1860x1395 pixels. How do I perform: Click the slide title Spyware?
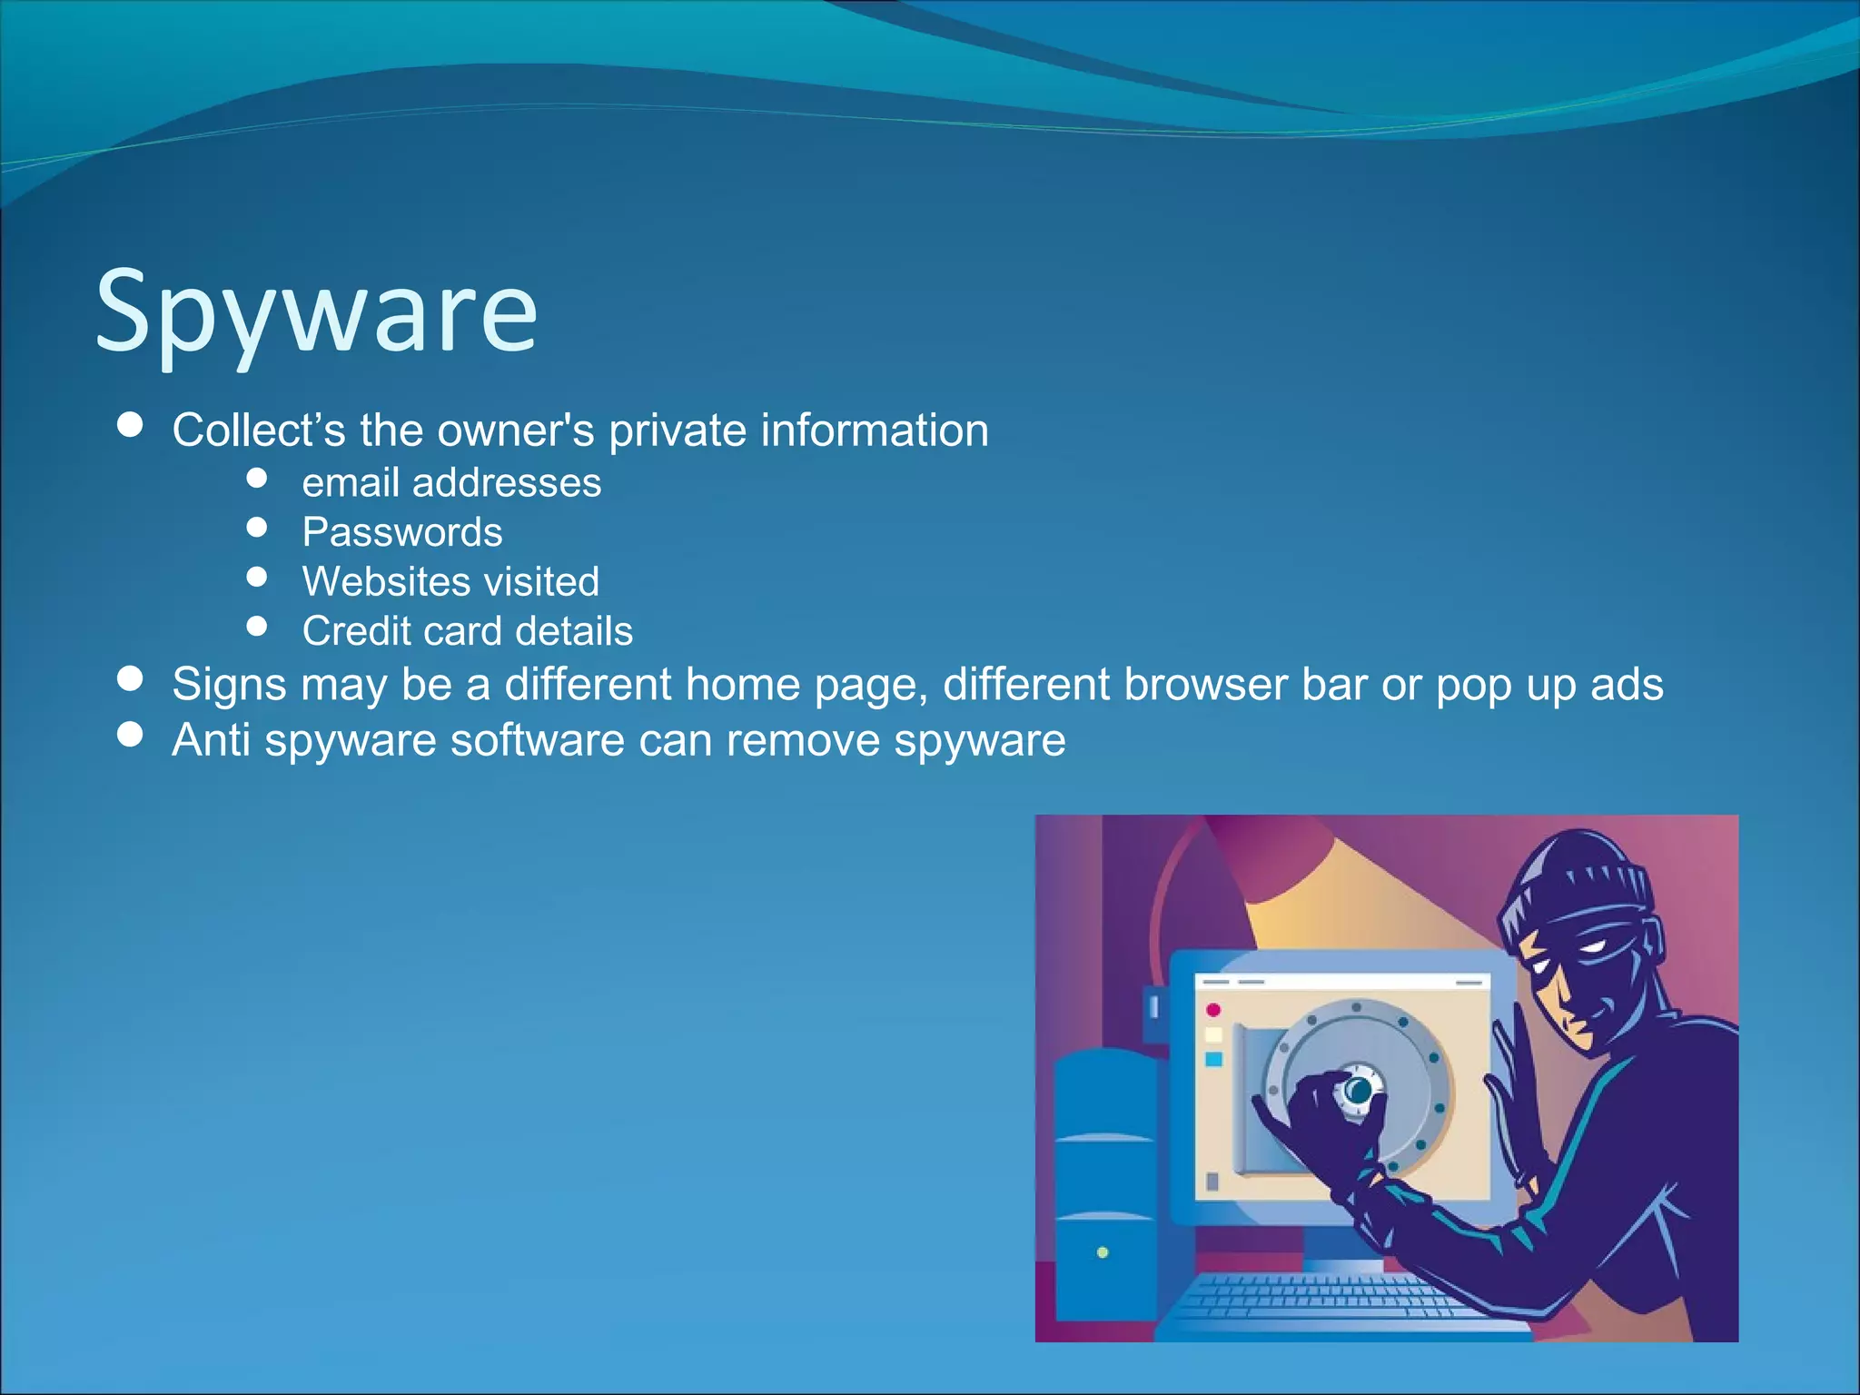pos(316,313)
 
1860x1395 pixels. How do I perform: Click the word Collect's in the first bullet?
pos(259,430)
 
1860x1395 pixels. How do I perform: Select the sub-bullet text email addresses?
pos(451,483)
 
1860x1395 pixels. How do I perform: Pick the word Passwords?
pos(402,532)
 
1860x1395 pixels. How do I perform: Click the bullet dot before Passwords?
pos(257,528)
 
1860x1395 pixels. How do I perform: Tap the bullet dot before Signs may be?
pos(131,678)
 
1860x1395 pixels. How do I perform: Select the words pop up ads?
pos(1548,686)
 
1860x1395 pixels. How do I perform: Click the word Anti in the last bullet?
pos(211,740)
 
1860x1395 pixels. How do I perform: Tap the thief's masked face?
pos(1580,981)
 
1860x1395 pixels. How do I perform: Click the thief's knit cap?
pos(1580,881)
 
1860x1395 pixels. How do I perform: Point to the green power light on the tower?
pos(1103,1252)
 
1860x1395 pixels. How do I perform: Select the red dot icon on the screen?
pos(1213,1010)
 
